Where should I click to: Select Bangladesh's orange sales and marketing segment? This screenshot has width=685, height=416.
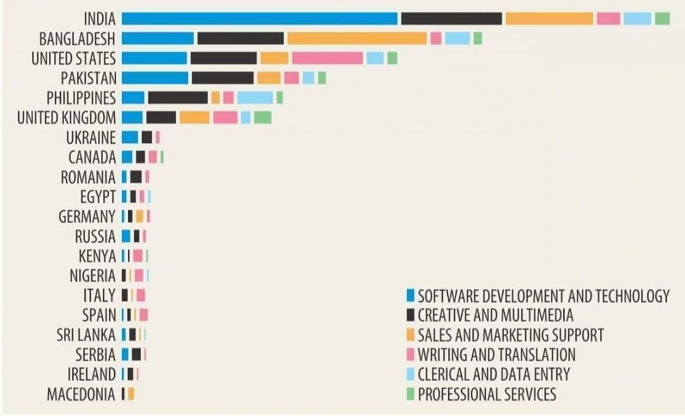[356, 38]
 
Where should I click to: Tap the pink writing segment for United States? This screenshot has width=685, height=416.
[327, 58]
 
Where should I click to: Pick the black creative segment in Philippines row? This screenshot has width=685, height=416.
[178, 97]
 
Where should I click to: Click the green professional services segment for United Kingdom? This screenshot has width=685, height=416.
[263, 117]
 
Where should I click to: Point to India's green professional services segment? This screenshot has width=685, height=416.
[662, 18]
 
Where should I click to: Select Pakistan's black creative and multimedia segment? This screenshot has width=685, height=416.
[223, 77]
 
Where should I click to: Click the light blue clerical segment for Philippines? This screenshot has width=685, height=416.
[255, 97]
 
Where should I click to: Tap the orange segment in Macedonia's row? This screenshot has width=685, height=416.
[131, 394]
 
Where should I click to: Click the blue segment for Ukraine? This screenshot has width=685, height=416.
[129, 137]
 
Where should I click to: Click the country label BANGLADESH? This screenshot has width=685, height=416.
[77, 39]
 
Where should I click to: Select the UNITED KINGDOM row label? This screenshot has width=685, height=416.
[67, 117]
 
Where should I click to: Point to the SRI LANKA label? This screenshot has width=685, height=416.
[86, 335]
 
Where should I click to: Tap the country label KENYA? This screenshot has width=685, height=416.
[97, 256]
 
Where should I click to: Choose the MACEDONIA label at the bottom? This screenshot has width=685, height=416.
[81, 394]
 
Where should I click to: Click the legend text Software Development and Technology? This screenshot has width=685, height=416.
[544, 296]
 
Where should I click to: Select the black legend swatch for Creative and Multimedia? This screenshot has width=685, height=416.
[410, 315]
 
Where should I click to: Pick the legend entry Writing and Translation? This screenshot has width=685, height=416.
[497, 354]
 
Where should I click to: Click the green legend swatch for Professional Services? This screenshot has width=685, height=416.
[410, 394]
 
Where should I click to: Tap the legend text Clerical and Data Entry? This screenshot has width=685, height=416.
[493, 374]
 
